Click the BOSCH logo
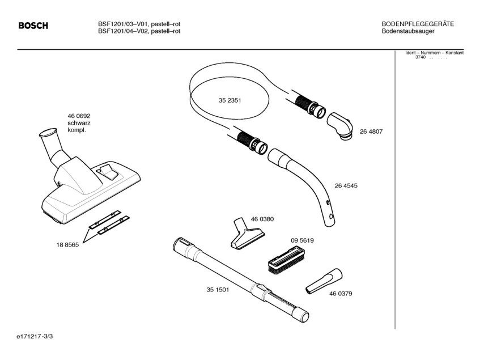pos(33,26)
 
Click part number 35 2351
pos(230,100)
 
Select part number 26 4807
pos(371,132)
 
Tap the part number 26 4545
pos(346,185)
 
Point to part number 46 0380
pos(262,219)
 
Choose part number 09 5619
pos(303,240)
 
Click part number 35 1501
pos(217,290)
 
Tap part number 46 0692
pos(79,116)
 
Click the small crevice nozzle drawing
pos(324,281)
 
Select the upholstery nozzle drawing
pos(245,235)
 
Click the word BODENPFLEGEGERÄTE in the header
pos(417,24)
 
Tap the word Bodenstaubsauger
pos(408,31)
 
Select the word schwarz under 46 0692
pos(79,123)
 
